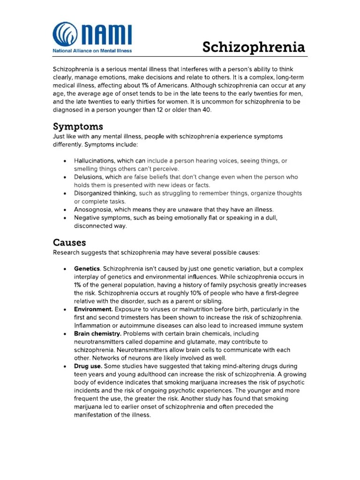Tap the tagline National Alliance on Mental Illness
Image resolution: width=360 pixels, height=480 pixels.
click(x=92, y=50)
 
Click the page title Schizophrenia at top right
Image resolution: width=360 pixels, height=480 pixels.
click(x=254, y=47)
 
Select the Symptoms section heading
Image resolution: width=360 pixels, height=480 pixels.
click(x=78, y=127)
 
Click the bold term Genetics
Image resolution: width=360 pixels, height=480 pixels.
click(x=87, y=269)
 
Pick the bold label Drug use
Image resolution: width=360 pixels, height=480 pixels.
click(x=87, y=366)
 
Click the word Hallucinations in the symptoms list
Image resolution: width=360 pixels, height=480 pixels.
click(x=95, y=161)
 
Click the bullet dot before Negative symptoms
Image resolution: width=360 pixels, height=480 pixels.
click(x=64, y=218)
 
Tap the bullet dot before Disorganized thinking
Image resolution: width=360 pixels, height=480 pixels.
click(x=64, y=194)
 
